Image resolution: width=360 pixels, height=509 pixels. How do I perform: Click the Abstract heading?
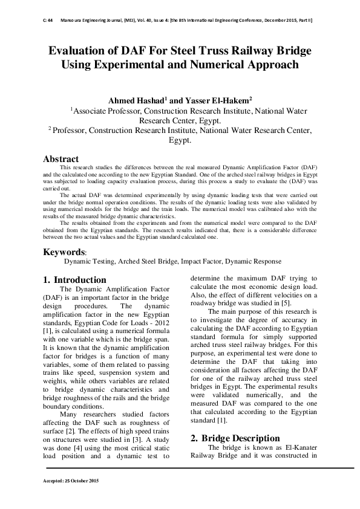(x=61, y=158)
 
